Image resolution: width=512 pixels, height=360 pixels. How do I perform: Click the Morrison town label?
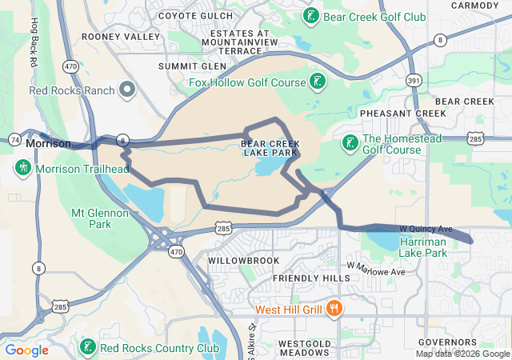[x=48, y=143]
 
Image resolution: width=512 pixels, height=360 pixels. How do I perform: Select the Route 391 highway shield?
[x=414, y=80]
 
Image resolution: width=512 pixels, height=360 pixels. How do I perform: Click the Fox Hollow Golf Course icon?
[x=318, y=82]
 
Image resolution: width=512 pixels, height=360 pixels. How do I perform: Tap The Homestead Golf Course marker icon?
[x=350, y=143]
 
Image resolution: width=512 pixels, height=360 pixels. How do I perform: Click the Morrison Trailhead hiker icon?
[x=22, y=168]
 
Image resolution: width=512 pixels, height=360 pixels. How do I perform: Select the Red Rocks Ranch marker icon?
[x=126, y=89]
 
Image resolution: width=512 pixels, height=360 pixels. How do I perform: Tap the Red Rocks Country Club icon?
[x=87, y=347]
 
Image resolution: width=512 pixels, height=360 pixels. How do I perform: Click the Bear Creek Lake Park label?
[x=270, y=149]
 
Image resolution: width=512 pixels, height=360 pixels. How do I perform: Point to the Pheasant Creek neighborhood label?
[x=402, y=114]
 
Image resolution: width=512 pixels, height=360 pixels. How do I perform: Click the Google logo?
[x=26, y=350]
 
